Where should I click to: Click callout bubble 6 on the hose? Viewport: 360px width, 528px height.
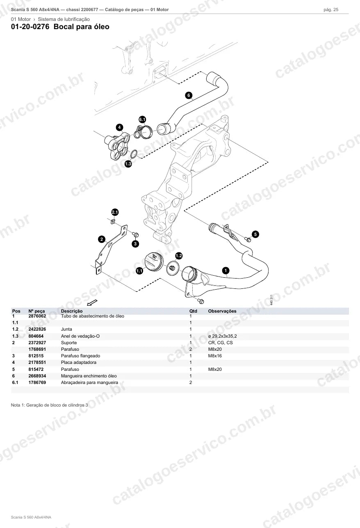click(189, 96)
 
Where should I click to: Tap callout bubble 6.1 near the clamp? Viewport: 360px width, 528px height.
click(142, 119)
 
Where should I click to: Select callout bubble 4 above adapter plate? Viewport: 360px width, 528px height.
click(119, 128)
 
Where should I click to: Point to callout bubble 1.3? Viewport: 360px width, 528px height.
click(128, 164)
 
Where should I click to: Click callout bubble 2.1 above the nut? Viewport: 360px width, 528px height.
click(115, 212)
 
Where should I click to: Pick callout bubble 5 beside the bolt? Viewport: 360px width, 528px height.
click(255, 234)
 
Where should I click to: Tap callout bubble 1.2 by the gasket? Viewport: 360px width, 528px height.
click(179, 256)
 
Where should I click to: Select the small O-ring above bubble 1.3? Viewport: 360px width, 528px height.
click(134, 154)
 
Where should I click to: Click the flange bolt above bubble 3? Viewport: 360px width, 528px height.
click(135, 235)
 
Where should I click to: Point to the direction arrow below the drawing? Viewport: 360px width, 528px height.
click(92, 302)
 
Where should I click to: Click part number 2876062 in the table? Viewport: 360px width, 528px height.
click(37, 316)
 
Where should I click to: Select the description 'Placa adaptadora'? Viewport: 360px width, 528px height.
click(79, 363)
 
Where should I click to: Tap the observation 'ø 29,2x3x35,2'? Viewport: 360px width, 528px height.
click(222, 336)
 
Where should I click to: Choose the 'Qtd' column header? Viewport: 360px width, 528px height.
click(193, 311)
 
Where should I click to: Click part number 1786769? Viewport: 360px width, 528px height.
click(37, 383)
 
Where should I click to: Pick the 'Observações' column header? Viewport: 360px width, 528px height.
click(222, 311)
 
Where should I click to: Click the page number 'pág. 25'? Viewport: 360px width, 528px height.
click(331, 10)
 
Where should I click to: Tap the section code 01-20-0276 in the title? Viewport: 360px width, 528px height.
click(30, 27)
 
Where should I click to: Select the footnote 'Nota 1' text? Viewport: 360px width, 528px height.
click(50, 405)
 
